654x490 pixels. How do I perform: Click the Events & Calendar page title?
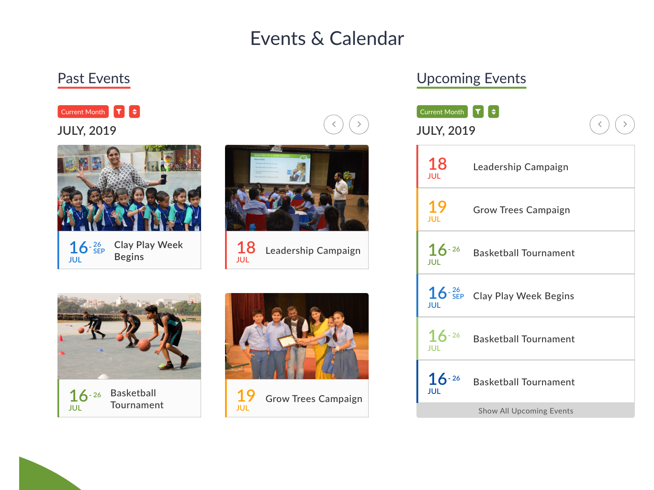[327, 38]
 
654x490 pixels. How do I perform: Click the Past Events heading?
[93, 78]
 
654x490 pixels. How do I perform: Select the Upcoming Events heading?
[471, 78]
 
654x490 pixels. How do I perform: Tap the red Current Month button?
[83, 111]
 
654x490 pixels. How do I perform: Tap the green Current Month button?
[442, 111]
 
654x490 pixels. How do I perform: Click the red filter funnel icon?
[119, 111]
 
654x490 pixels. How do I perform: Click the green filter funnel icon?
[478, 111]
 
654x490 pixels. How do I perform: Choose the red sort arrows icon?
[135, 111]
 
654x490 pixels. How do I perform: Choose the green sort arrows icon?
[494, 111]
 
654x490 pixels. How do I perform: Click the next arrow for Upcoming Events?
[625, 124]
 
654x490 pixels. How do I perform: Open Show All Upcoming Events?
[526, 411]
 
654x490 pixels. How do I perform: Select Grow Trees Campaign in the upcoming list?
[521, 210]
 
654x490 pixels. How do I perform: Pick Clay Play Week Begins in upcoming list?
[523, 296]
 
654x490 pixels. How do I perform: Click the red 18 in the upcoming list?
[438, 163]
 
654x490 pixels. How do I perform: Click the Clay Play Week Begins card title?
[148, 250]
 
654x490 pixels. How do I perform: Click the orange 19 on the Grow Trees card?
[246, 396]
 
